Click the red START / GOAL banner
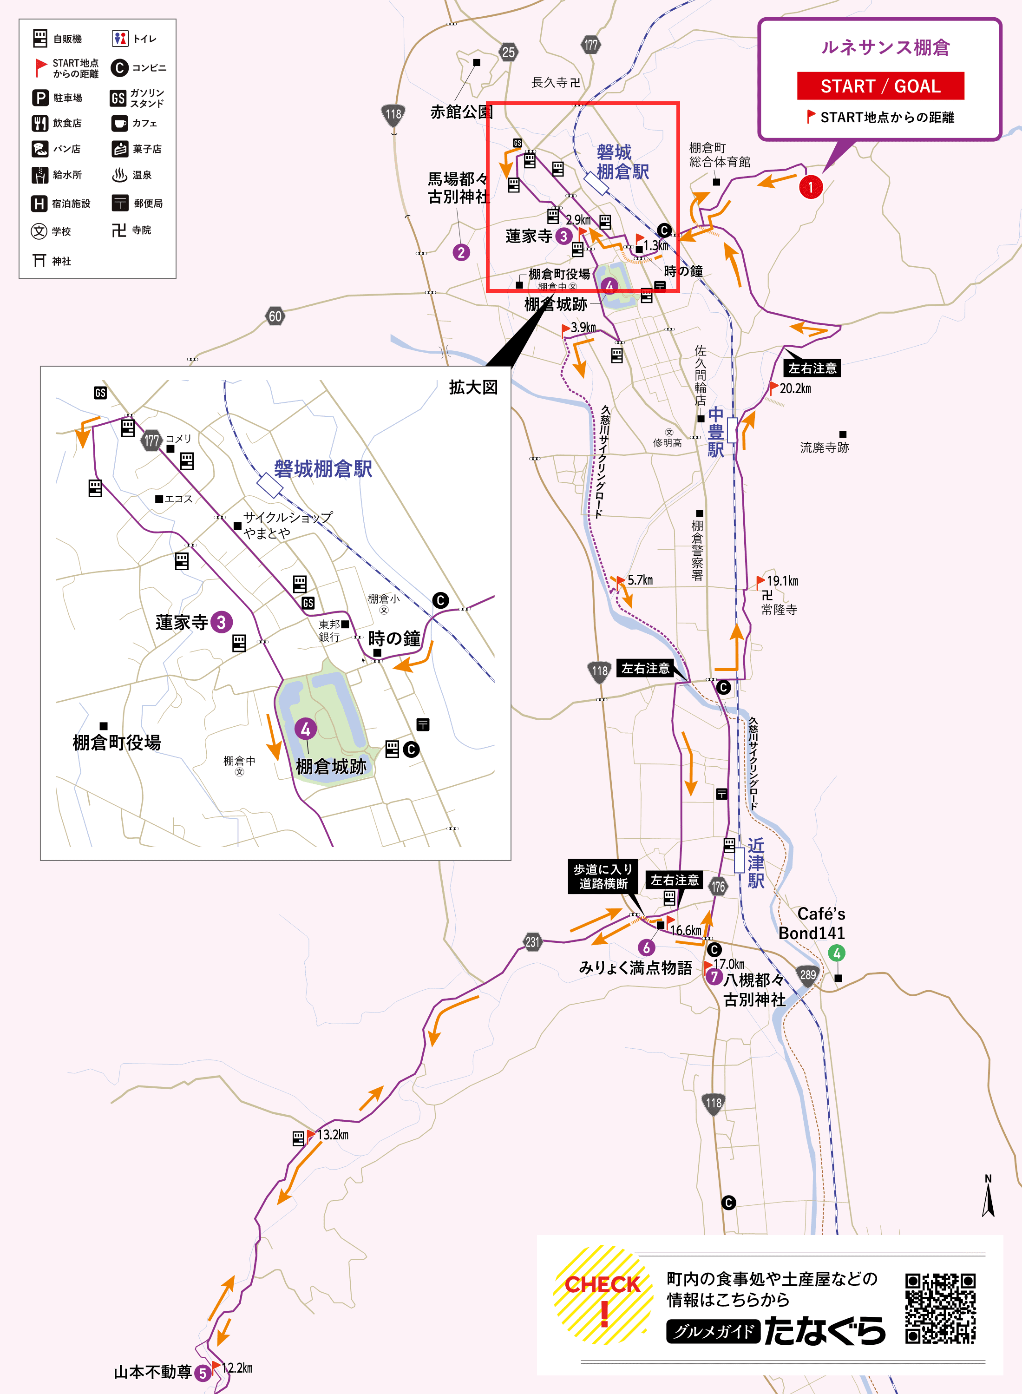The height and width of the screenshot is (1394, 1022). pos(880,86)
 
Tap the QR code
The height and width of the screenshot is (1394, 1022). pos(940,1308)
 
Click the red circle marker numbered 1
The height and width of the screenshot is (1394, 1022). pos(811,187)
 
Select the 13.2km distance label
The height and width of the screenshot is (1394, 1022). pos(333,1135)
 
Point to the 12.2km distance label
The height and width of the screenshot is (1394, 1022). pos(237,1368)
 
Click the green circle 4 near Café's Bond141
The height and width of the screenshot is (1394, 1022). pos(836,953)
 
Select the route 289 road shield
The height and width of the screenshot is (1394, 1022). pos(807,974)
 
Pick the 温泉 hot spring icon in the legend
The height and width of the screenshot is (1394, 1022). pos(119,175)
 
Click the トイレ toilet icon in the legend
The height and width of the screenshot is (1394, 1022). pos(120,39)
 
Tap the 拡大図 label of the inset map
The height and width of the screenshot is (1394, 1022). pos(473,388)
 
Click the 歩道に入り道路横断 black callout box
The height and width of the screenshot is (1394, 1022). pos(603,876)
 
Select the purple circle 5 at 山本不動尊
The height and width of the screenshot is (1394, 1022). pos(202,1373)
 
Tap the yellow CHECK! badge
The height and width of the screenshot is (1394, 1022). pos(603,1295)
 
